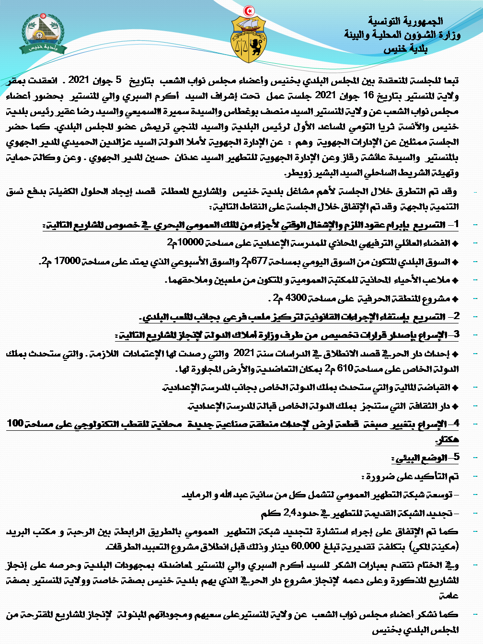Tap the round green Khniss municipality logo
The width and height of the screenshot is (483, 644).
point(44,32)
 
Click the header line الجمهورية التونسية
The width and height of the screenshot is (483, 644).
point(405,21)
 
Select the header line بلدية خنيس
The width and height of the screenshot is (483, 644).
point(405,49)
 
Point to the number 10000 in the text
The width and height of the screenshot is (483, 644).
point(191,242)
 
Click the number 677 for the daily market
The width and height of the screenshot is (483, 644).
point(259,261)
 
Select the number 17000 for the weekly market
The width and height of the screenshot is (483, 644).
point(67,261)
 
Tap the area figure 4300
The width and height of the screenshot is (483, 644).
point(296,298)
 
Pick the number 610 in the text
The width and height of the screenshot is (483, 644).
point(345,368)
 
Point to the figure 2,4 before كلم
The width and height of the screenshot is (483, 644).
point(290,513)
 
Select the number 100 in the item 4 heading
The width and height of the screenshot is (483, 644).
point(15,424)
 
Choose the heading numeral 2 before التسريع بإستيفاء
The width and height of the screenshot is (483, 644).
point(456,316)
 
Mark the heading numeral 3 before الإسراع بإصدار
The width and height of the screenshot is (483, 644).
point(456,334)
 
